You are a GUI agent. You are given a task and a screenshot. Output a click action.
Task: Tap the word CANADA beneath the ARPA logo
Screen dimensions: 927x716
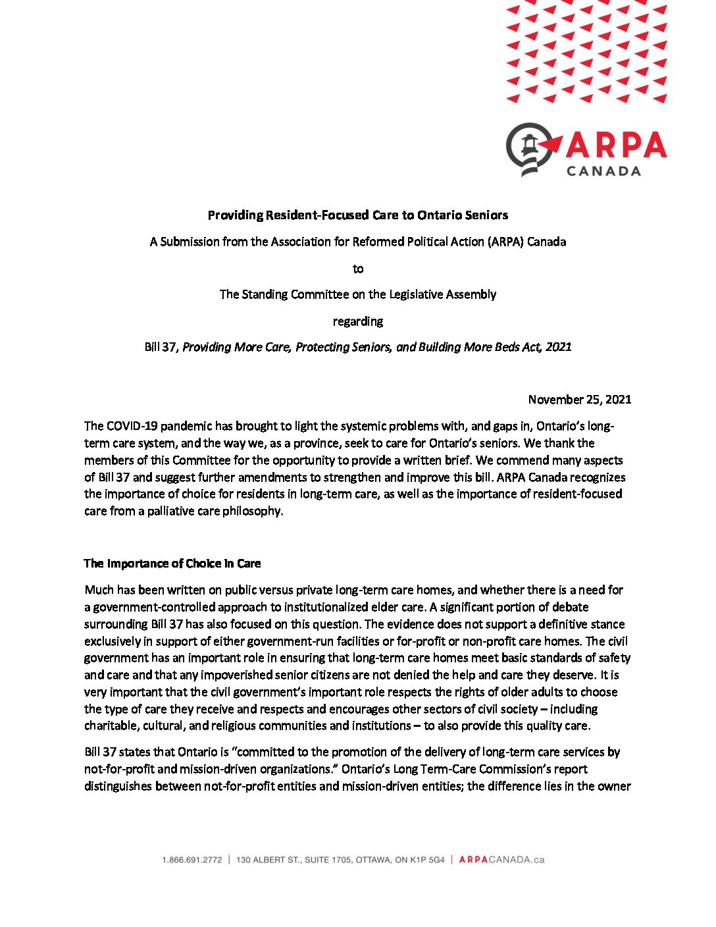coord(603,171)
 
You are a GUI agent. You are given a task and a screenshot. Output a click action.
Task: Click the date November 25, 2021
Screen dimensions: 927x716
coord(579,400)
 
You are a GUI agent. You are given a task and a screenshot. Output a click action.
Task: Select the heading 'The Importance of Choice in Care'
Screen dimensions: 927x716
coord(172,564)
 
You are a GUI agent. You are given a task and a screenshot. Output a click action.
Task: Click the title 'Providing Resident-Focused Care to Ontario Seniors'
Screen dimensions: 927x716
coord(358,215)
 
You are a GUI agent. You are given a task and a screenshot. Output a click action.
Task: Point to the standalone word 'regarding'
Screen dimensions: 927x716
coord(358,321)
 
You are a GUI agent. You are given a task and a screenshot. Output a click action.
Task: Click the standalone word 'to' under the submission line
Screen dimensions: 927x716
coord(358,269)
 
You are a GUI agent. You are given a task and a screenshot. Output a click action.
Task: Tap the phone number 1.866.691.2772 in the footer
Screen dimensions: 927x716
coord(192,860)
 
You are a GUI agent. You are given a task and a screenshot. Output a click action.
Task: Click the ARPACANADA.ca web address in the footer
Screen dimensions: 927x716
coord(501,860)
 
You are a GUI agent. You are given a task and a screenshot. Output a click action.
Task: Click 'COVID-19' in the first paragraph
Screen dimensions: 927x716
coord(131,426)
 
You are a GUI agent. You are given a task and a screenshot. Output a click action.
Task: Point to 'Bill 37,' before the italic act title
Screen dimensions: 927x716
coord(162,347)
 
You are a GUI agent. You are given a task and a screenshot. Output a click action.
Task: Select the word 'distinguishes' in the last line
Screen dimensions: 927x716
coord(118,786)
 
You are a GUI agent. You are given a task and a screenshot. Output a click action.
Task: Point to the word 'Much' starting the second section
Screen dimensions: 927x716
coord(98,590)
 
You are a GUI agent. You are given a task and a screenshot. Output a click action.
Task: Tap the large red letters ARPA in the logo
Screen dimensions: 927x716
coord(616,145)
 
